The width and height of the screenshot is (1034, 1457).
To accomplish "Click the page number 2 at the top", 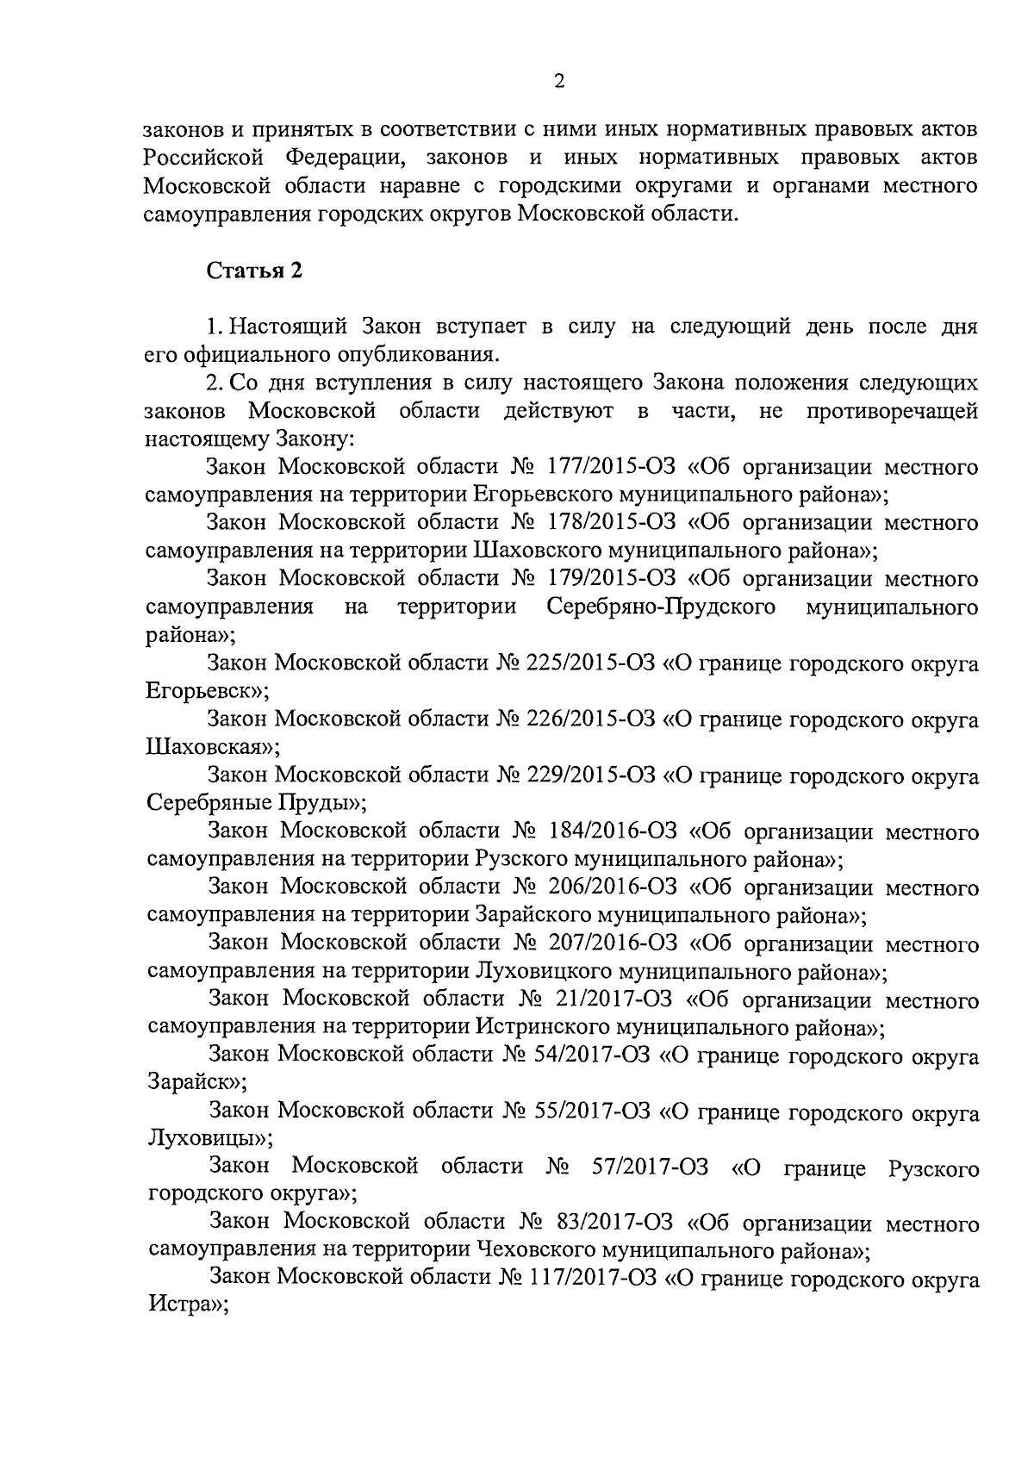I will coord(559,82).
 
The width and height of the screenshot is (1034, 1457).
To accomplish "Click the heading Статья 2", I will coord(254,271).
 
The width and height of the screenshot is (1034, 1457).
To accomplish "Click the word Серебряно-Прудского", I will coord(661,607).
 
